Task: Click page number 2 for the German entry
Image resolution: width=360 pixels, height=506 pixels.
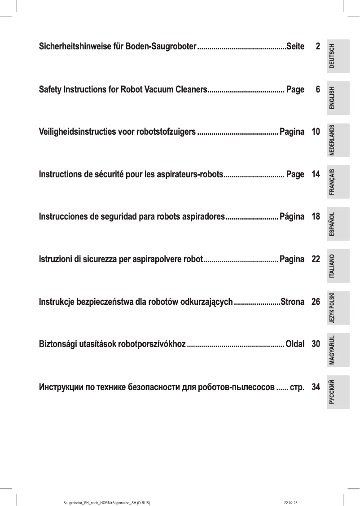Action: [317, 47]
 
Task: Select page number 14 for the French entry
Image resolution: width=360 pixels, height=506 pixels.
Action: [316, 174]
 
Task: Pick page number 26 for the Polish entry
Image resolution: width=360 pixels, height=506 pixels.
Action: [316, 302]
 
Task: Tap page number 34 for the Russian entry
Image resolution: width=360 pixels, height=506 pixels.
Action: [316, 387]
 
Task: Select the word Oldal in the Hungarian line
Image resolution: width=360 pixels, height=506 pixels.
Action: [295, 344]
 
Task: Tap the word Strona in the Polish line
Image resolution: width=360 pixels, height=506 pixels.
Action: [292, 302]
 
